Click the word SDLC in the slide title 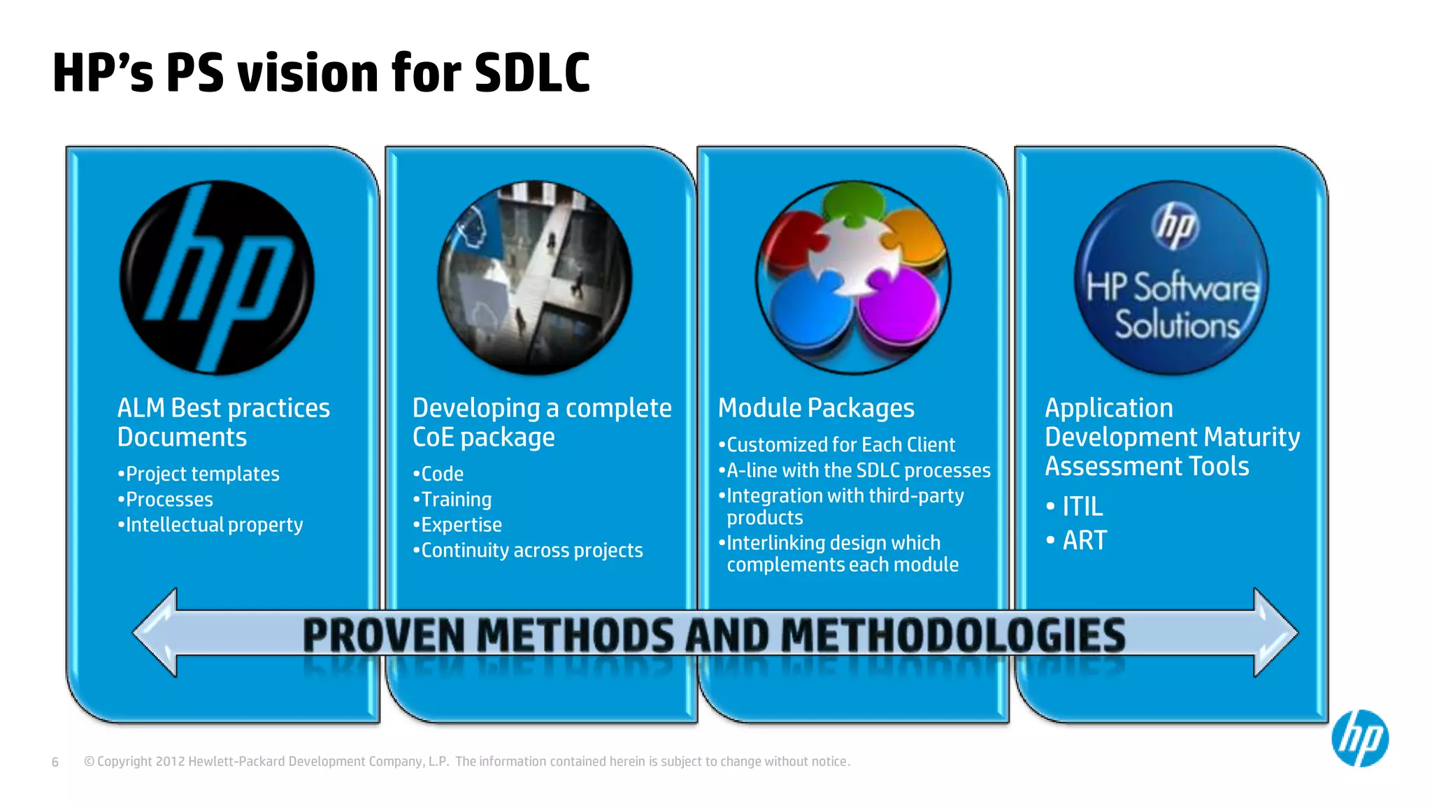532,73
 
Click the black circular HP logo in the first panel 217,277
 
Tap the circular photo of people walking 535,277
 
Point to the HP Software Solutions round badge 1171,277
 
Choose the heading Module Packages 816,408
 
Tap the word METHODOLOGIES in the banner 952,635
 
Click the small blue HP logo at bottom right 1360,739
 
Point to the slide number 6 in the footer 55,762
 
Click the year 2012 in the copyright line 170,762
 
